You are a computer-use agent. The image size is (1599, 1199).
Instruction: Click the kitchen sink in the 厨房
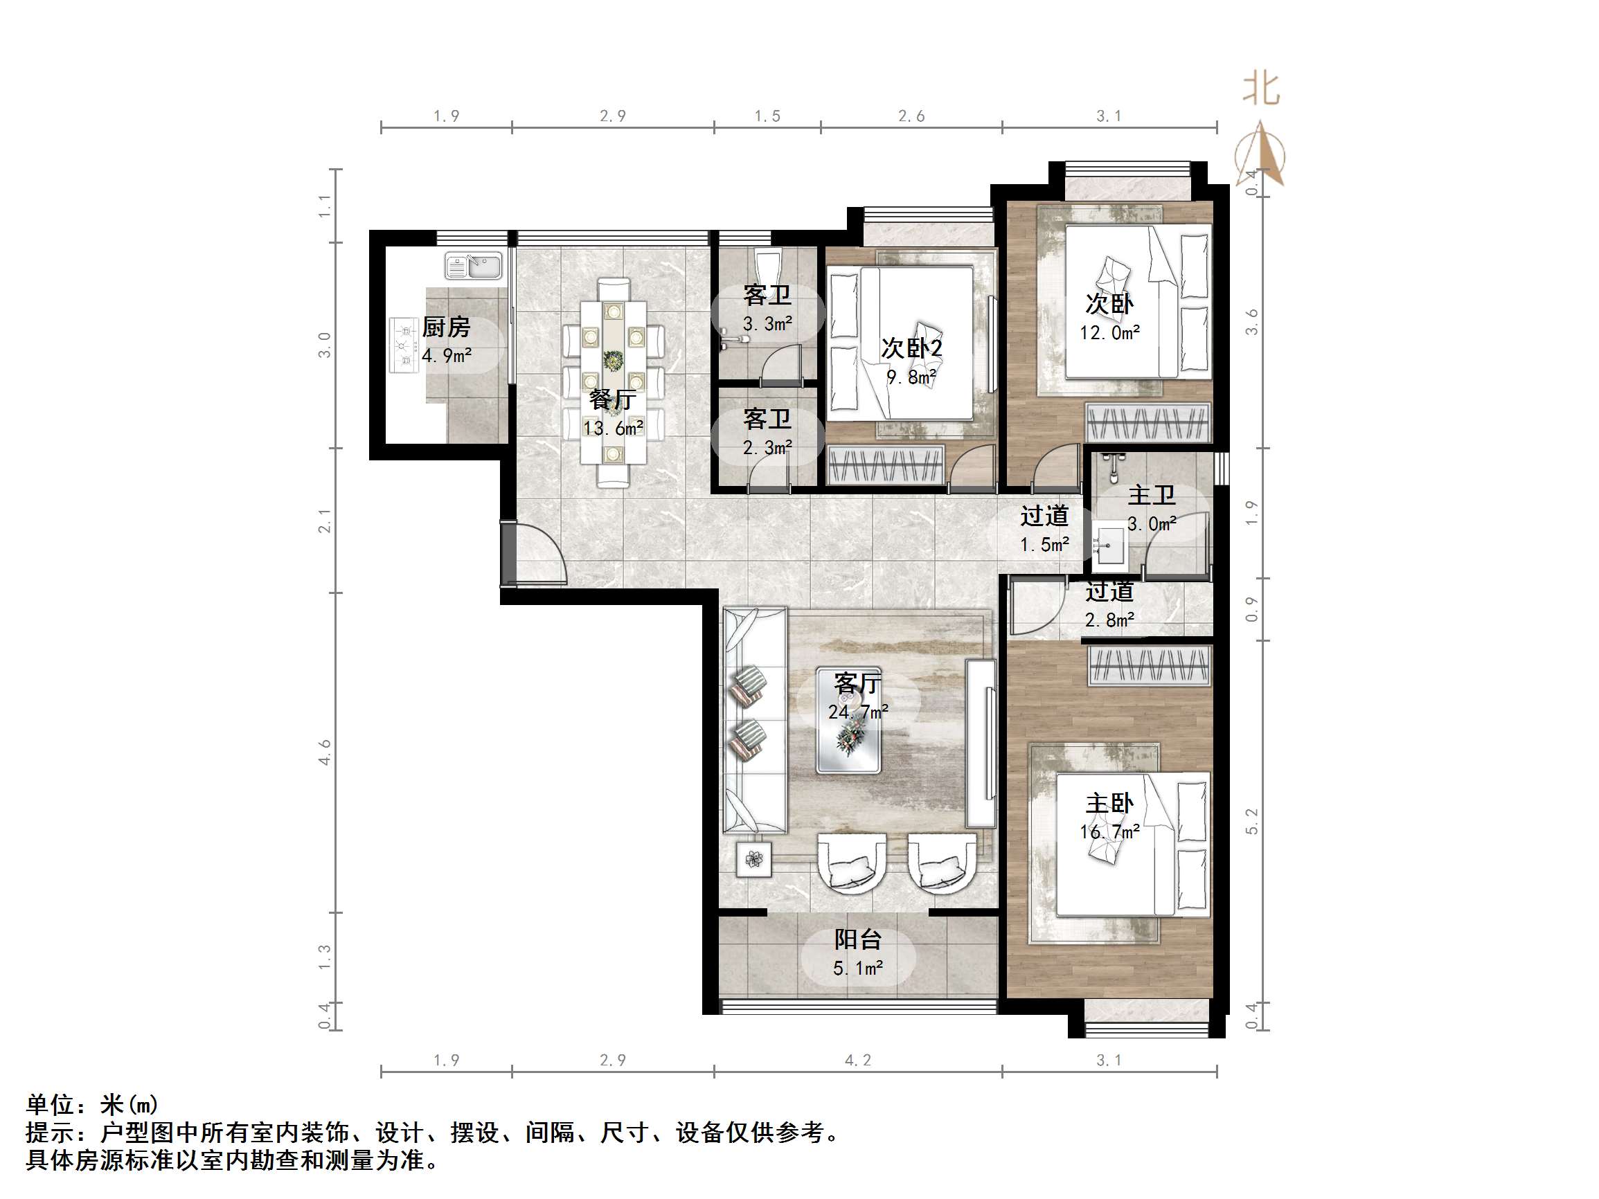(474, 266)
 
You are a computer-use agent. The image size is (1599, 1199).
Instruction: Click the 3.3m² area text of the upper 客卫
(767, 325)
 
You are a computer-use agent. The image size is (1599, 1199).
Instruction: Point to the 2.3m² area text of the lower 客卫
(767, 448)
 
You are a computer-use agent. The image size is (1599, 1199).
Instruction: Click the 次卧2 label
(911, 348)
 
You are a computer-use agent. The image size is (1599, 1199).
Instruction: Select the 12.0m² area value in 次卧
(1109, 332)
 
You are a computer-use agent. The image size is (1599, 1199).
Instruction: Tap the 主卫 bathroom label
(1151, 495)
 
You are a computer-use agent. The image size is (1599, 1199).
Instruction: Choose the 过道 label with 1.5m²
(1044, 516)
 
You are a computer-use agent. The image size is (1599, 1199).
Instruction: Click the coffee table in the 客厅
(848, 721)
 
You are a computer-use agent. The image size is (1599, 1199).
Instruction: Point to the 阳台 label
(857, 939)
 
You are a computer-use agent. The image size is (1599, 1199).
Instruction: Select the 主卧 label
(1109, 803)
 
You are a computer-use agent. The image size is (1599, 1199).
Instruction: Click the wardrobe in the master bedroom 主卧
(1149, 666)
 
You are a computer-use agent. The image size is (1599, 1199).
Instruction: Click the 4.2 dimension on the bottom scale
(857, 1060)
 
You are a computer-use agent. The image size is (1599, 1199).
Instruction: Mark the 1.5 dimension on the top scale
(767, 116)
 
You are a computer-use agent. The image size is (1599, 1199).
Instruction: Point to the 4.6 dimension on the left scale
(325, 752)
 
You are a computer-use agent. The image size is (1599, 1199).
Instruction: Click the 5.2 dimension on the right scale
(1251, 821)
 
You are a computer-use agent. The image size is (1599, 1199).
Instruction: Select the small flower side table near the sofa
(753, 859)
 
